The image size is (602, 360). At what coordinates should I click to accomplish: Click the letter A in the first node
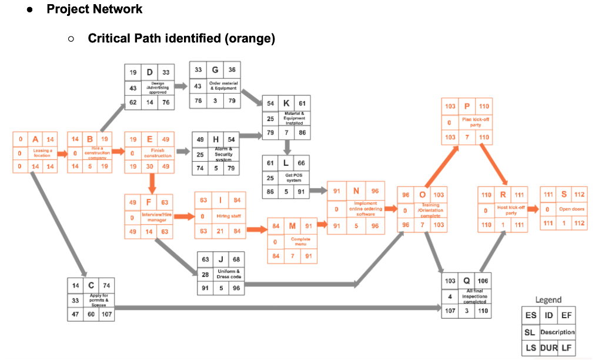point(35,139)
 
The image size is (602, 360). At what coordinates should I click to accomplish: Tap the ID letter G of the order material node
point(216,70)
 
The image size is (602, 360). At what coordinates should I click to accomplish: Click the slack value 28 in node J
point(205,274)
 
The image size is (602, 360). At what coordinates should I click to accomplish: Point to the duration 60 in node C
point(91,314)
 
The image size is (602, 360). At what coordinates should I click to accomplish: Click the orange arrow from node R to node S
point(533,209)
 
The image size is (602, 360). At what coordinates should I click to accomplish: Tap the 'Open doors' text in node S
point(571,209)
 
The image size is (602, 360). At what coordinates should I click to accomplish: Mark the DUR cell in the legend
point(549,348)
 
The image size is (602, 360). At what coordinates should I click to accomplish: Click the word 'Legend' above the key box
point(548,300)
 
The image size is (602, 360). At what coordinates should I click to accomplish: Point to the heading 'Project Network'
point(94,9)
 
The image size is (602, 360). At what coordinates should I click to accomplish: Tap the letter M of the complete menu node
point(293,226)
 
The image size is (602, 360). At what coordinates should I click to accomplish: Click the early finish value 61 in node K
point(302,103)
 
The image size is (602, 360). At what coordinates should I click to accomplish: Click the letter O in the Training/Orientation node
point(423,195)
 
